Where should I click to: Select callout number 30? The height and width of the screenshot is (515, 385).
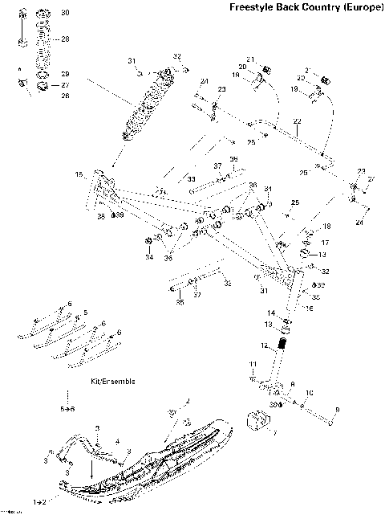point(65,13)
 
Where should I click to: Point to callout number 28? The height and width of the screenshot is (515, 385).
point(65,39)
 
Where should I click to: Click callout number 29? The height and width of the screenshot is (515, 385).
point(65,74)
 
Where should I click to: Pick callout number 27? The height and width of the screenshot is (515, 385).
point(65,84)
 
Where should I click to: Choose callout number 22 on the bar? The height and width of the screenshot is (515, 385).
point(297,121)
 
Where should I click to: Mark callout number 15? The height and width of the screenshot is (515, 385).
point(79,174)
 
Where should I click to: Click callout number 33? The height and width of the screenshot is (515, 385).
point(192,178)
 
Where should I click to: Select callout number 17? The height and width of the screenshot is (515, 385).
point(325,241)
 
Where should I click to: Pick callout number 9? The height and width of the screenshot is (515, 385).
point(337,410)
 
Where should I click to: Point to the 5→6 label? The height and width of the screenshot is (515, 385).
point(69,410)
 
